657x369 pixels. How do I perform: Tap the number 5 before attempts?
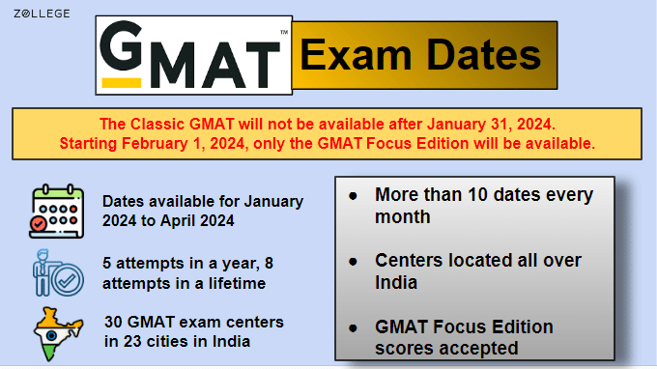(x=107, y=263)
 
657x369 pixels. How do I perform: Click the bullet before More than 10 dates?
(x=354, y=195)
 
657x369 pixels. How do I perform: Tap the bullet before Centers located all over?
(x=354, y=261)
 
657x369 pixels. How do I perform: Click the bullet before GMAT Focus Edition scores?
(x=354, y=326)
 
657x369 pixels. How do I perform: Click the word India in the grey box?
(x=396, y=282)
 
